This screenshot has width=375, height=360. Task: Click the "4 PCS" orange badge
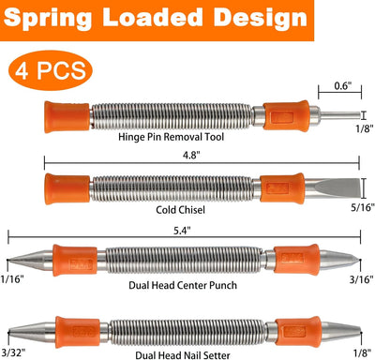pos(51,70)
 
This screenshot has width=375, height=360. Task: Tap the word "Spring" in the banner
pos(48,18)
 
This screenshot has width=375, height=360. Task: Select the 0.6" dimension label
pos(343,85)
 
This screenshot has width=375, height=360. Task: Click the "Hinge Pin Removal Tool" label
pos(172,137)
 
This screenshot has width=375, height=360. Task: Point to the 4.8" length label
pos(191,155)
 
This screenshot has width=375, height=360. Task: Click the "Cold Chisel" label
pos(180,209)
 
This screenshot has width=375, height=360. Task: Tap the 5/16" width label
pos(363,207)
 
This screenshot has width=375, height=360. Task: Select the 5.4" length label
pos(182,231)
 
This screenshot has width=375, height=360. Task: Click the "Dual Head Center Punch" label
pos(183,285)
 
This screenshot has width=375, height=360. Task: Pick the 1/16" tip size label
pos(12,279)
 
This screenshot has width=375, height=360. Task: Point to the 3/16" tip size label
pos(362,279)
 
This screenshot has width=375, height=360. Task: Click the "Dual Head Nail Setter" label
pos(183,355)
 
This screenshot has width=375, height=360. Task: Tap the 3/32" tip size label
pos(13,352)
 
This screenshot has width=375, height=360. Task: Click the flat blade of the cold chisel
pos(332,188)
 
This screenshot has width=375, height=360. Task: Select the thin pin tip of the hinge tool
pos(340,115)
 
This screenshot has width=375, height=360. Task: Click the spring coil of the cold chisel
pos(172,188)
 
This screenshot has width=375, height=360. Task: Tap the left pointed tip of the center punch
pos(8,260)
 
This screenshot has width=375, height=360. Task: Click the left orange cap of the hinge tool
pos(67,116)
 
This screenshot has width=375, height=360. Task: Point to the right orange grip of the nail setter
pos(298,331)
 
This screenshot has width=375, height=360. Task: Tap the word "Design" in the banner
pos(261,18)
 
